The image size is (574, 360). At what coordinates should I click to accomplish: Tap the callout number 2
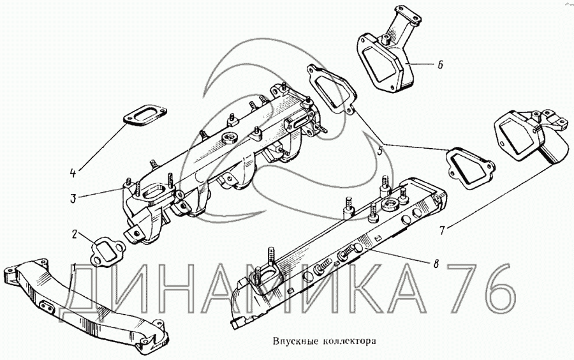point(75,235)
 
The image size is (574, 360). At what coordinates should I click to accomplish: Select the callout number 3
point(73,199)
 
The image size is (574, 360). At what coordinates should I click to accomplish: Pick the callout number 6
point(440,64)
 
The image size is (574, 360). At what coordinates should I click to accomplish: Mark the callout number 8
point(436,262)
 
